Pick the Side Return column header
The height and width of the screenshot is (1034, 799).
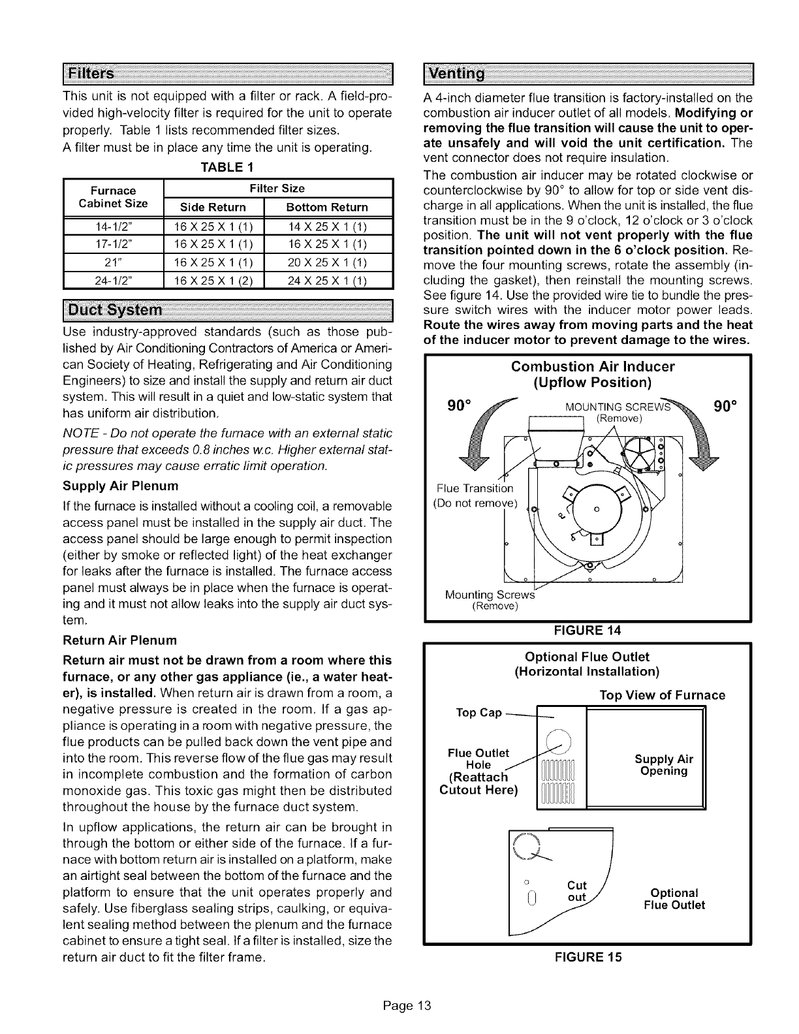pyautogui.click(x=213, y=207)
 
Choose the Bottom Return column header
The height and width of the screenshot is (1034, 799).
pyautogui.click(x=327, y=207)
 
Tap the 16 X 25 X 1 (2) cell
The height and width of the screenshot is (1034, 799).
pyautogui.click(x=213, y=282)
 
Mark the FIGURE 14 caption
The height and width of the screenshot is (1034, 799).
pyautogui.click(x=587, y=631)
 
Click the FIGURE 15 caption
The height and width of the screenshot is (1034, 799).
pyautogui.click(x=587, y=957)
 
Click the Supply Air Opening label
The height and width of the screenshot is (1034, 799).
pyautogui.click(x=664, y=765)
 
